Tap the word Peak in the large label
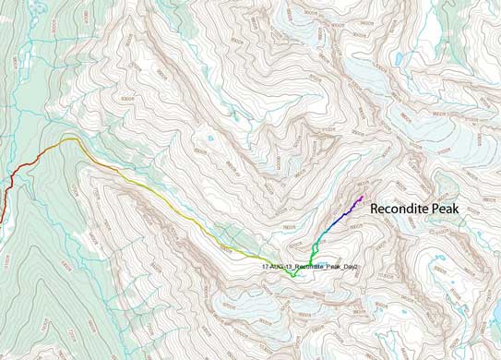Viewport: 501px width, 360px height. pos(464,210)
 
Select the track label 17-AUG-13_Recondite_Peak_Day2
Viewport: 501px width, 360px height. pos(309,266)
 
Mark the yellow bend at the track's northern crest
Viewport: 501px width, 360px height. pos(69,139)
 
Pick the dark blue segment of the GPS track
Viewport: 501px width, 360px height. pos(341,218)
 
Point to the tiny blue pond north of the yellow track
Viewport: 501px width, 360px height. pos(211,139)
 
